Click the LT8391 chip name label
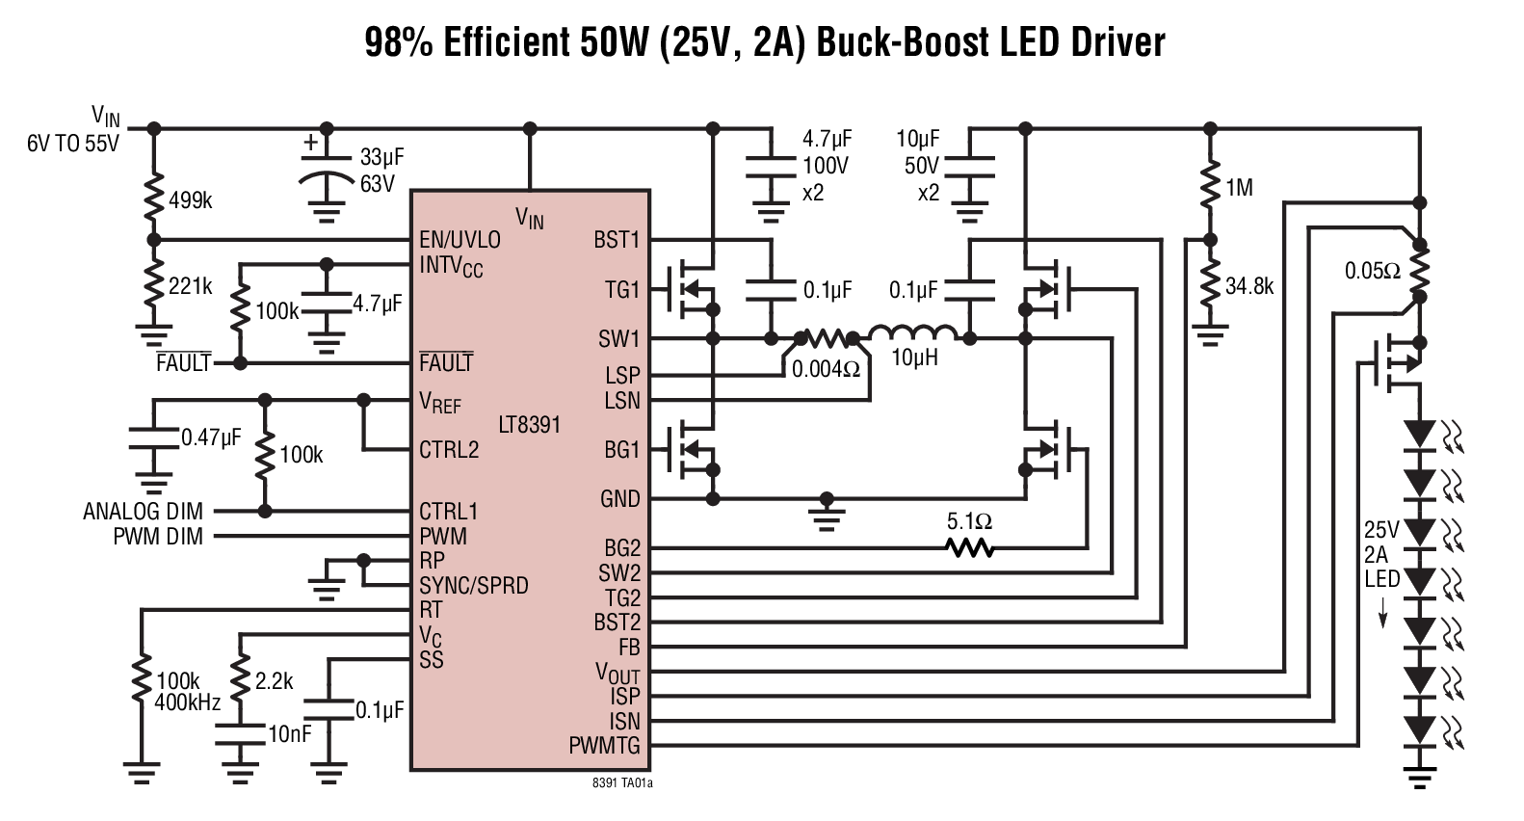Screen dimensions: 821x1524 tap(529, 425)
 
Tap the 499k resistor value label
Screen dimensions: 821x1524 tap(190, 200)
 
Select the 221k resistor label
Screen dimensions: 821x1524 tap(190, 286)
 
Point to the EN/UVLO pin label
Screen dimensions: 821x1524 tap(460, 239)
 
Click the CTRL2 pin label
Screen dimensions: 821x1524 tap(449, 450)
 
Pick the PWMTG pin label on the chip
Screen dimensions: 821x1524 tap(604, 745)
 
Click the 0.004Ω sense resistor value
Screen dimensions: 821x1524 tap(826, 369)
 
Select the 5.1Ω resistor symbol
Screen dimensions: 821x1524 tap(969, 548)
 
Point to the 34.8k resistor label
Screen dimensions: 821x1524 tap(1249, 286)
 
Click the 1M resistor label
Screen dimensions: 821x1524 tap(1239, 189)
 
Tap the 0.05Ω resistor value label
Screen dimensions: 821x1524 tap(1373, 272)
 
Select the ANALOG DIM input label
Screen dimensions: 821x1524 tap(144, 512)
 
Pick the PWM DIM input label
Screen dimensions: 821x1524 tap(158, 537)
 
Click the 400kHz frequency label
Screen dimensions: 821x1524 tap(187, 702)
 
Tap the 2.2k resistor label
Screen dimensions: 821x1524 tap(274, 681)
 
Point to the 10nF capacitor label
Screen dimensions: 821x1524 tap(289, 734)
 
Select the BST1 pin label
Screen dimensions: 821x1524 tap(617, 239)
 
